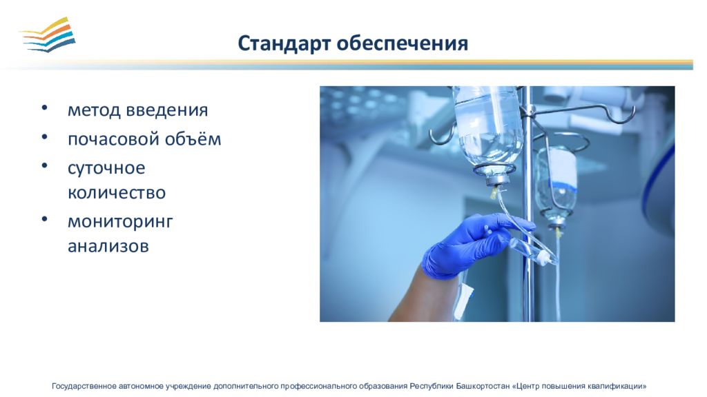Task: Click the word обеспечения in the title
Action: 403,43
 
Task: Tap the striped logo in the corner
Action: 48,34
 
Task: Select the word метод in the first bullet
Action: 94,110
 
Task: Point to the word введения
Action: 166,110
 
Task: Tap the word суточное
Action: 106,169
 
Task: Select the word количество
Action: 117,193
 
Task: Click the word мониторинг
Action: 120,222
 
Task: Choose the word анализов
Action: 108,246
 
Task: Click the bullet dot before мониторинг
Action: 44,219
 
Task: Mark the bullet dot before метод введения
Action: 44,108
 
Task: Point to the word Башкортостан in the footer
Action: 483,386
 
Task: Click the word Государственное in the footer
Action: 84,386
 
